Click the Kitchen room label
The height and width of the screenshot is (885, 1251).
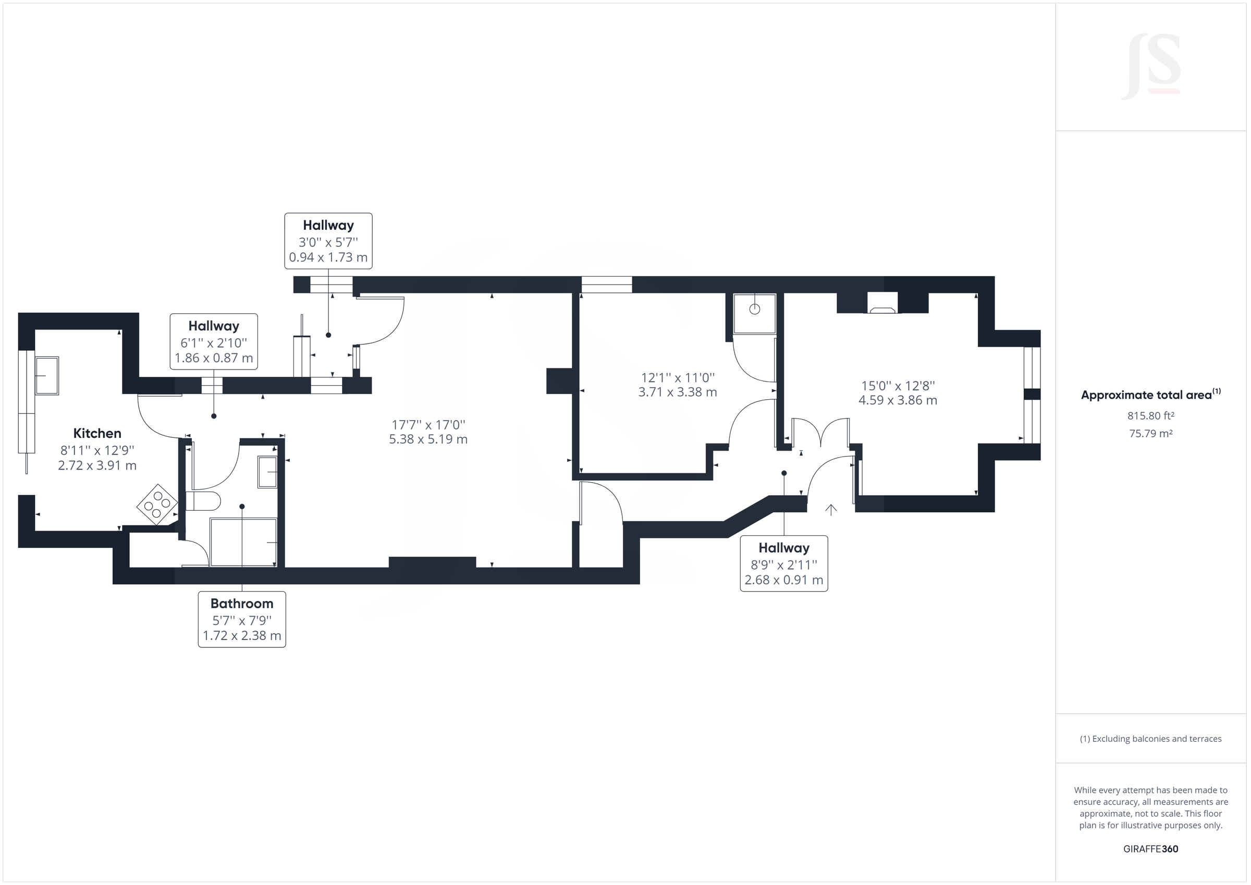tap(97, 434)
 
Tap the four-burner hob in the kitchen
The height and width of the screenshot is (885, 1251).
tap(157, 505)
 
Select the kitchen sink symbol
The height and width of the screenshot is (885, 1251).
tap(47, 375)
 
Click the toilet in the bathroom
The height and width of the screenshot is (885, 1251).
tap(204, 501)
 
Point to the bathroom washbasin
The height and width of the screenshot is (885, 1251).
tap(267, 472)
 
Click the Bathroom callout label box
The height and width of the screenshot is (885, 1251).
tap(242, 619)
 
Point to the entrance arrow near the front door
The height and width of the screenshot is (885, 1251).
tap(831, 510)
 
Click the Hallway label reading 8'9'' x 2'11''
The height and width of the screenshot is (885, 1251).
tap(783, 563)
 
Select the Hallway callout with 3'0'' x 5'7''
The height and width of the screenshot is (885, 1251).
tap(328, 241)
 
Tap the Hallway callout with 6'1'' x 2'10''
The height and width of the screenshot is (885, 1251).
tap(214, 342)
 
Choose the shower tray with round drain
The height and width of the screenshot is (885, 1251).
tap(755, 313)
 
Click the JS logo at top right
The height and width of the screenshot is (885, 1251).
tap(1151, 67)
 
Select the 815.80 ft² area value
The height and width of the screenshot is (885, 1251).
tap(1151, 416)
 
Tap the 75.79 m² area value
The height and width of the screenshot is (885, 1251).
tap(1151, 434)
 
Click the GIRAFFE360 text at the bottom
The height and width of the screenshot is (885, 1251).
tap(1151, 849)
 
